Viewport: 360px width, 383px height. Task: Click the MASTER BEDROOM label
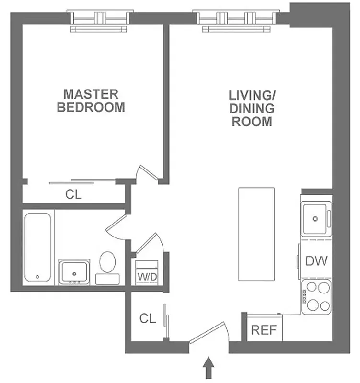[91, 100]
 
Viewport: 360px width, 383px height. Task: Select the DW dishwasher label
[316, 261]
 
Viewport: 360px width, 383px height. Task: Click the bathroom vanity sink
[74, 272]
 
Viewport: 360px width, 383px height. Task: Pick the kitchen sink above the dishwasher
[315, 218]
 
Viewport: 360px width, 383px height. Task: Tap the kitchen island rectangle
[256, 234]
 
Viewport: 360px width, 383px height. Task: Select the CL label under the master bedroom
[73, 195]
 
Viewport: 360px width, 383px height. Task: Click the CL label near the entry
[148, 318]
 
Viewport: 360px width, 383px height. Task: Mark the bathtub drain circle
[38, 277]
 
